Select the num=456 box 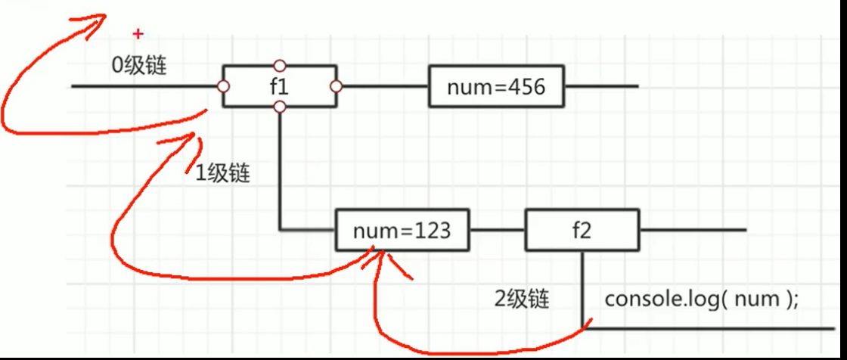496,87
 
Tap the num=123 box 402,230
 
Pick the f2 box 581,230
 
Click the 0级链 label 139,65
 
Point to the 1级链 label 223,173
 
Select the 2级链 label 522,299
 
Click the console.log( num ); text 701,299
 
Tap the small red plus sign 138,33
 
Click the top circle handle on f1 280,66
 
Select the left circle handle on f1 223,87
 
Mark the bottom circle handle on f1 280,107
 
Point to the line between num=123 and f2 496,230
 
